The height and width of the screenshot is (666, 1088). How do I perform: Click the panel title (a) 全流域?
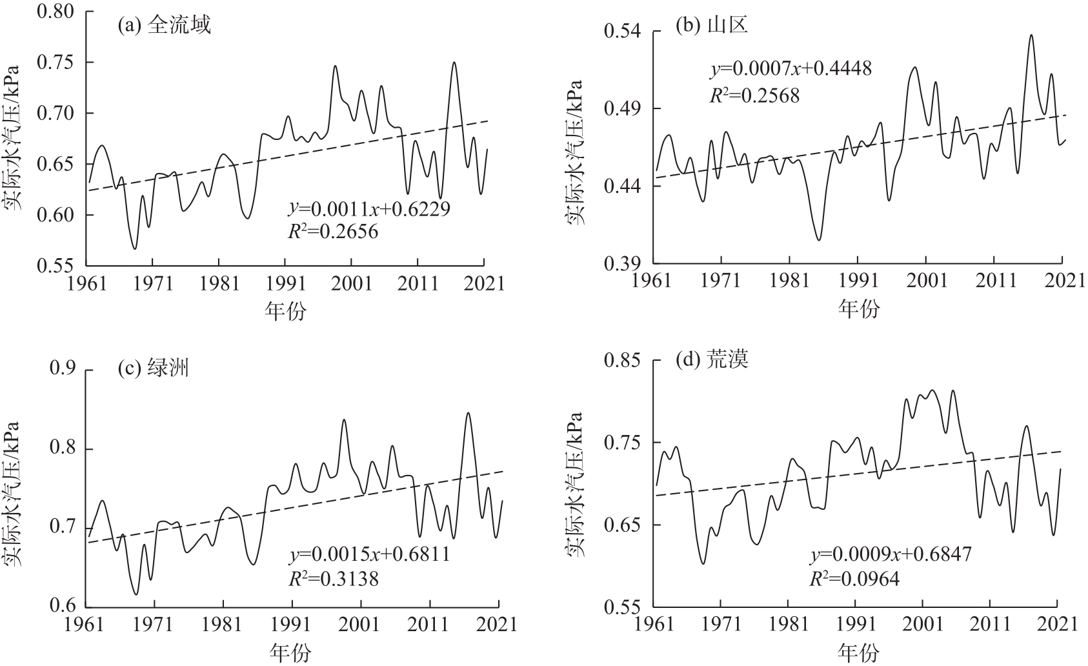click(x=164, y=26)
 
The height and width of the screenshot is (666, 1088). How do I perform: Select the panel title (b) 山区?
click(x=711, y=26)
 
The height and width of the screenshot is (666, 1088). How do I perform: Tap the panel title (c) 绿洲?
click(x=153, y=368)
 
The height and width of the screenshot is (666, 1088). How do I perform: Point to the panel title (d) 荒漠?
click(x=712, y=359)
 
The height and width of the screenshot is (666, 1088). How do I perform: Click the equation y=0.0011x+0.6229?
click(x=368, y=208)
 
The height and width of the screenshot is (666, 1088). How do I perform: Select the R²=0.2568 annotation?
click(x=754, y=96)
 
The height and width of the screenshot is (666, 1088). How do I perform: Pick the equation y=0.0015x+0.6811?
click(x=369, y=554)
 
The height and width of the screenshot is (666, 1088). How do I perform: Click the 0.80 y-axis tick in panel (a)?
click(x=57, y=12)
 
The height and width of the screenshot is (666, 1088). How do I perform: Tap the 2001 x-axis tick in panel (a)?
click(x=351, y=283)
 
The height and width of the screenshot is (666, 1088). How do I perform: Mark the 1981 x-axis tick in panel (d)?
click(x=788, y=625)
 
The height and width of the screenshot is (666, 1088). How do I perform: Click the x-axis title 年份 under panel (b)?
click(x=859, y=310)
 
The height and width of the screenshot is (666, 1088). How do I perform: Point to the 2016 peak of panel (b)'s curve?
click(x=1031, y=35)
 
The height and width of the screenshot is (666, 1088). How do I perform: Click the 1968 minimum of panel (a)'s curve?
click(x=135, y=248)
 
